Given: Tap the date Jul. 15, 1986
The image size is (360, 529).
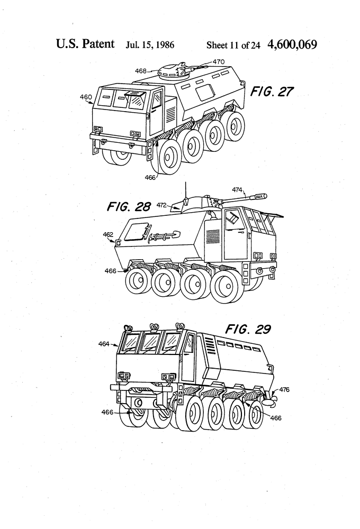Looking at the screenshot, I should tap(150, 44).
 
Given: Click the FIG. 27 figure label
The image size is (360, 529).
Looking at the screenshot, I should tap(272, 92).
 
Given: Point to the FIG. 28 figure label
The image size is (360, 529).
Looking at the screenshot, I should tap(129, 206).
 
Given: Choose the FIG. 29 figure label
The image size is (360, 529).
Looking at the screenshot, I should tap(248, 330).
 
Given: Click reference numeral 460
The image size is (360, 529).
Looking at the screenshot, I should tap(86, 97).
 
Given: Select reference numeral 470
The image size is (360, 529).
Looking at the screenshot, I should tap(219, 61).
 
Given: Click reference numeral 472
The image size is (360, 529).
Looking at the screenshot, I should tap(161, 204).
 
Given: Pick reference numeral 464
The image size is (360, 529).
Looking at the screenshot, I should tap(104, 344).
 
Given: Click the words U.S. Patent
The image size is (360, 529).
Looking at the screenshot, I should tap(85, 43).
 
